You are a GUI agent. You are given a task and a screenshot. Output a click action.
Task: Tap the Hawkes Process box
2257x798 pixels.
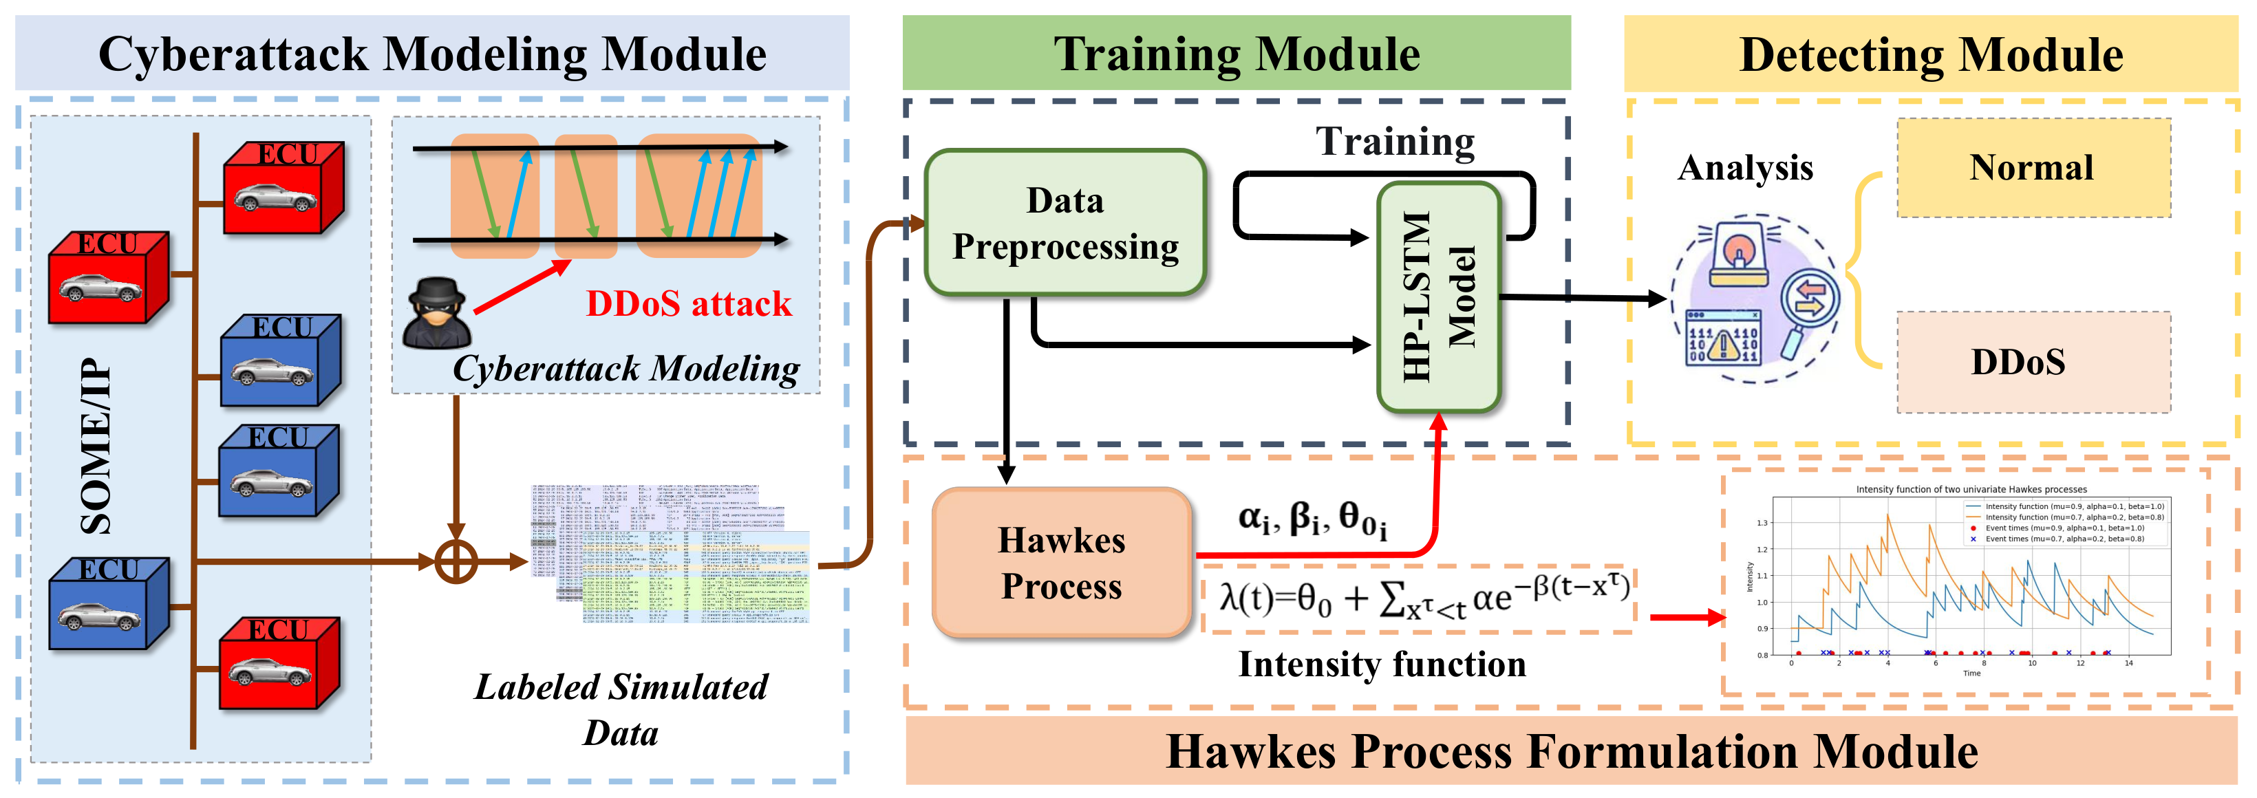[1061, 562]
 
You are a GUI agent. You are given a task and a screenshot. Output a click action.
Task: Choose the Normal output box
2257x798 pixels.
[2033, 167]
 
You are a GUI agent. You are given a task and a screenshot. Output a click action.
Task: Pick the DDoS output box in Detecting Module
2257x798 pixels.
[2033, 362]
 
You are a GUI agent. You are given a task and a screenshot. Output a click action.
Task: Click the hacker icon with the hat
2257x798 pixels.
[436, 313]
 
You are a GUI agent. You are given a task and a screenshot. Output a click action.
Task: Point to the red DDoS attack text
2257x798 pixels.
[689, 304]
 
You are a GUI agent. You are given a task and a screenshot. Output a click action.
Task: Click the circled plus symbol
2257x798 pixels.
[456, 561]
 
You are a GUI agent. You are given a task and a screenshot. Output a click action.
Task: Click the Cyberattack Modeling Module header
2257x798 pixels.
[432, 52]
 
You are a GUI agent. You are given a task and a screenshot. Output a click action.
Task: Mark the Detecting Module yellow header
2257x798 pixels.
[1930, 54]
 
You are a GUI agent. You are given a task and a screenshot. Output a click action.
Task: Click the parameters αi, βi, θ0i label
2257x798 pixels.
[1312, 519]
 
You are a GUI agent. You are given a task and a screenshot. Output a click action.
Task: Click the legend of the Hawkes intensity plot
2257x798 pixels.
[2064, 522]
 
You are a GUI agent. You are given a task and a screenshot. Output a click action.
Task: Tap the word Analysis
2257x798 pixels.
[1744, 167]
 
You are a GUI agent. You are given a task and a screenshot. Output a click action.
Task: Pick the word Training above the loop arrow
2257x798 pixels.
[1395, 141]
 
